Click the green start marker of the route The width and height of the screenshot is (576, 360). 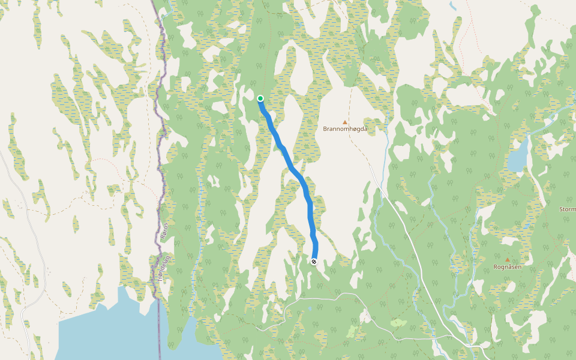tap(260, 98)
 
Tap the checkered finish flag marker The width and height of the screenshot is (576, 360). tap(314, 261)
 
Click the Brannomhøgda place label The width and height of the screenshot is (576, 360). tap(344, 129)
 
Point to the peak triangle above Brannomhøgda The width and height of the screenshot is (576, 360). tap(345, 122)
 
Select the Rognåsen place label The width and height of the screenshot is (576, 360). tap(507, 266)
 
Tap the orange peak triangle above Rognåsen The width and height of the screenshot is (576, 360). tap(508, 260)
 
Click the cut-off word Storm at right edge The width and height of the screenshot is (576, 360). tap(567, 209)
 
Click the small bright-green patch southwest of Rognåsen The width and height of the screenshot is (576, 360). tap(397, 323)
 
